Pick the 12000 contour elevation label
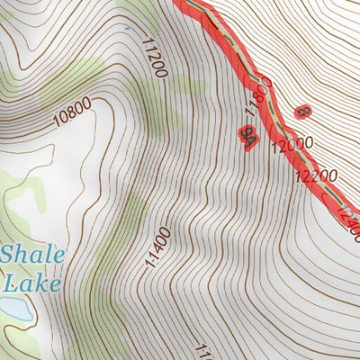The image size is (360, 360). [x=293, y=144]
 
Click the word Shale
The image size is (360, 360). [x=32, y=256]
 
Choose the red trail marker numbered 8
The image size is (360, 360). [x=302, y=112]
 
